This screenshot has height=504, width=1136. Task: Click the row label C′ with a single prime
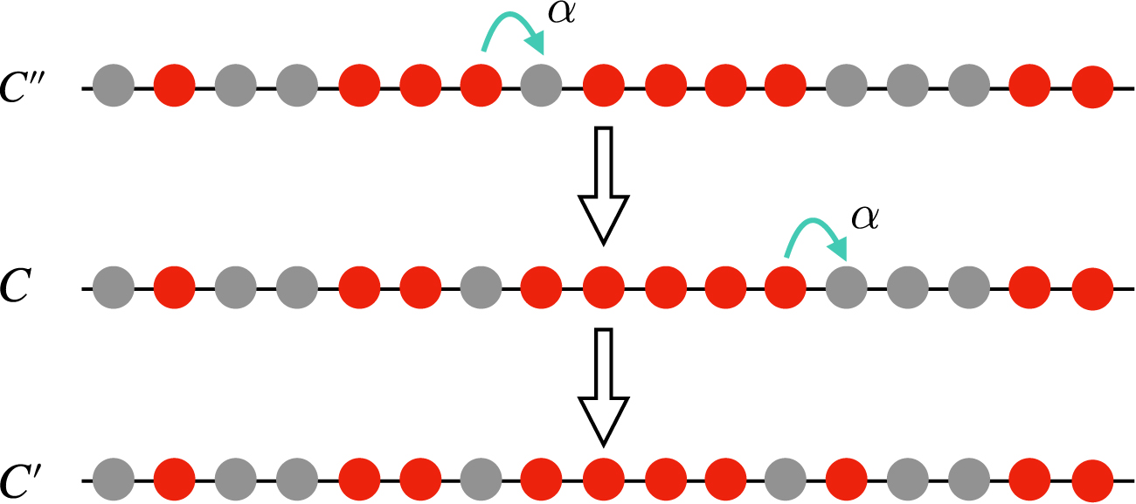pyautogui.click(x=28, y=480)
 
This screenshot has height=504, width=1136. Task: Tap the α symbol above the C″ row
pyautogui.click(x=559, y=14)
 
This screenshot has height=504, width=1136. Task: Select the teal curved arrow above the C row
pyautogui.click(x=818, y=238)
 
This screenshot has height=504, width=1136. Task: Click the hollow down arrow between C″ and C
pyautogui.click(x=604, y=183)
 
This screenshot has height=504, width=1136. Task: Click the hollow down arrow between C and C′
pyautogui.click(x=604, y=385)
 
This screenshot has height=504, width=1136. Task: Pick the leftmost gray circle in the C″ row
pyautogui.click(x=113, y=87)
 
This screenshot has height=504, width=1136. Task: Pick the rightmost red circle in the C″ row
pyautogui.click(x=1091, y=87)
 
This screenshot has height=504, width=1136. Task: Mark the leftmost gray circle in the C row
pyautogui.click(x=113, y=288)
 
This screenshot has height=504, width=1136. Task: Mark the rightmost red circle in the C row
pyautogui.click(x=1091, y=288)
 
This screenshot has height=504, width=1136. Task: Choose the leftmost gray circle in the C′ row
pyautogui.click(x=113, y=480)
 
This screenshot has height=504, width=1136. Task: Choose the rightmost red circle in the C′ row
pyautogui.click(x=1091, y=480)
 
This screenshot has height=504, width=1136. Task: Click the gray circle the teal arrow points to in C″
pyautogui.click(x=541, y=87)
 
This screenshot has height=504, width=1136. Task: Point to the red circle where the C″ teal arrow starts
pyautogui.click(x=480, y=87)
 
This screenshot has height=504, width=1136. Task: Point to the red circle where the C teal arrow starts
pyautogui.click(x=786, y=288)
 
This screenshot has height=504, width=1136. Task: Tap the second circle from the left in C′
pyautogui.click(x=174, y=480)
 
